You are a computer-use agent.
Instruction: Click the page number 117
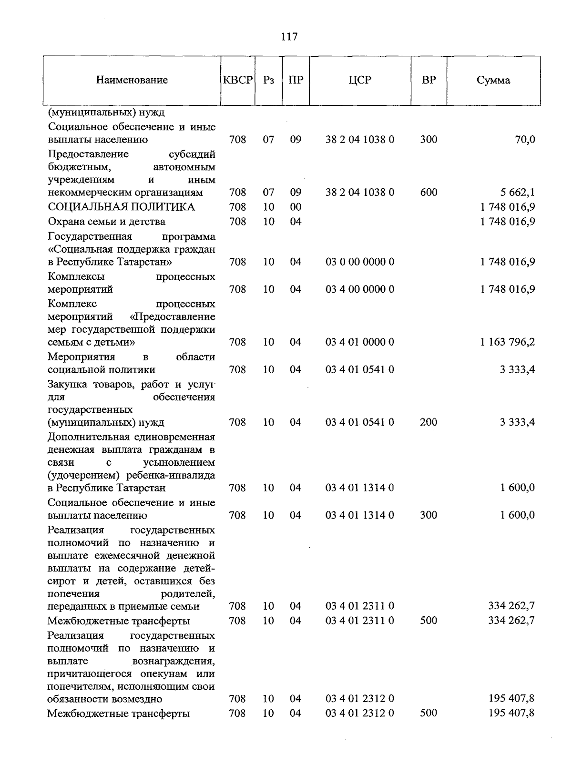[x=289, y=37]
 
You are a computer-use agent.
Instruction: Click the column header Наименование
[x=132, y=80]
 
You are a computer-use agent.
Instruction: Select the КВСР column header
[x=237, y=80]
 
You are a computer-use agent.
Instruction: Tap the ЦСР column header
[x=360, y=80]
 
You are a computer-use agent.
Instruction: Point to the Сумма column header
[x=493, y=80]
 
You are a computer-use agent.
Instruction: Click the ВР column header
[x=429, y=80]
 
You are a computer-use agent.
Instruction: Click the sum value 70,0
[x=525, y=140]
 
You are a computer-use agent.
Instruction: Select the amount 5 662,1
[x=517, y=193]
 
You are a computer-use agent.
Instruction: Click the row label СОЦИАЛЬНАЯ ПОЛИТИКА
[x=122, y=207]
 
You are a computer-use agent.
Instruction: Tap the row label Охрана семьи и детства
[x=107, y=222]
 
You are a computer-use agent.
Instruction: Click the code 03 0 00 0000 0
[x=360, y=262]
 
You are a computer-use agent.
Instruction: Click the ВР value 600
[x=429, y=193]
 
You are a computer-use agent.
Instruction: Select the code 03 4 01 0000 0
[x=360, y=342]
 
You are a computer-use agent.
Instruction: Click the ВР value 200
[x=429, y=422]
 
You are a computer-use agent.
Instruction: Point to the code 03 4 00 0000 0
[x=360, y=289]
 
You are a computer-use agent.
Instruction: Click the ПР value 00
[x=296, y=207]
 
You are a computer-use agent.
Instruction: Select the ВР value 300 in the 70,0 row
[x=429, y=140]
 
